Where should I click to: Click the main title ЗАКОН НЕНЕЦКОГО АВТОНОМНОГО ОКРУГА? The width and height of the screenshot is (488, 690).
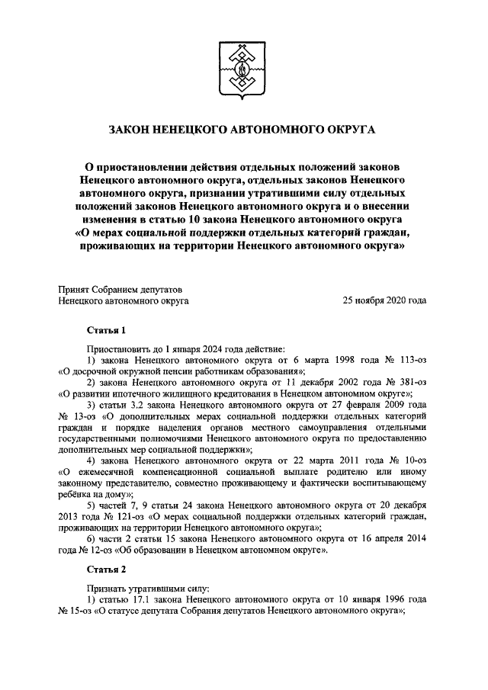click(243, 130)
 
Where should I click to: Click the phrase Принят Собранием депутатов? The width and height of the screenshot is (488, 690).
click(120, 289)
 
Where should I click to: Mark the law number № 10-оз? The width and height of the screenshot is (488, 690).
click(407, 461)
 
